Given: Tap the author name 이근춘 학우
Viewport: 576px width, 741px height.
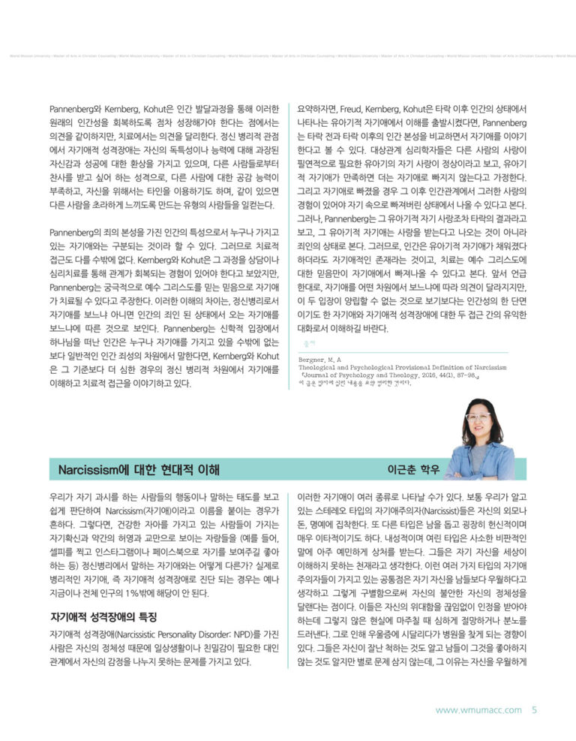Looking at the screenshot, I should [410, 469].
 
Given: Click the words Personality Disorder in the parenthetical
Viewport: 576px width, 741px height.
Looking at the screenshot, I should [177, 635].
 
